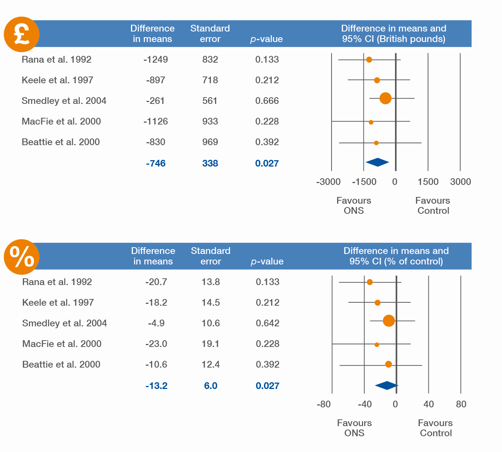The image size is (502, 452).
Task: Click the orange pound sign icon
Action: tap(21, 34)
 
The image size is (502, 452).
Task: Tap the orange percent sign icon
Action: tap(21, 257)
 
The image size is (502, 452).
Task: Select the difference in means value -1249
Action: tap(156, 60)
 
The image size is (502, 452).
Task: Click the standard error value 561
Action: tap(210, 101)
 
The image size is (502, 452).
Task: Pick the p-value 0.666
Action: tap(267, 101)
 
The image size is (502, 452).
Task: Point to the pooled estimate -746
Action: tap(156, 163)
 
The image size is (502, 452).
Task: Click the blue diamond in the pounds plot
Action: tap(377, 162)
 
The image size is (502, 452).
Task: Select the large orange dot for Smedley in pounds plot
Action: tap(385, 98)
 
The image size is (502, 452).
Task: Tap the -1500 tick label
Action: tap(364, 182)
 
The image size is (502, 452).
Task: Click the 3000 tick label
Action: tap(460, 182)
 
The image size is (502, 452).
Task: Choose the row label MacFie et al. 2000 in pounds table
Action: tap(61, 121)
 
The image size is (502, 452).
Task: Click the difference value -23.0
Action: tap(156, 344)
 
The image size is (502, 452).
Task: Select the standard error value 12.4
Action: tap(211, 364)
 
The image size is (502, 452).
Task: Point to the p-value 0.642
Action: tap(267, 323)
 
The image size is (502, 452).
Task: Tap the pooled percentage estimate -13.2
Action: tap(157, 386)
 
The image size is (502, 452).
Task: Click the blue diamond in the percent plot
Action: tap(387, 386)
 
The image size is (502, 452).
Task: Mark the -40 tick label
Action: tap(365, 404)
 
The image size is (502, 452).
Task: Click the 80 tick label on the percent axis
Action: tap(461, 404)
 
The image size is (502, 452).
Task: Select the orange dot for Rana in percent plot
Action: tap(369, 282)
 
